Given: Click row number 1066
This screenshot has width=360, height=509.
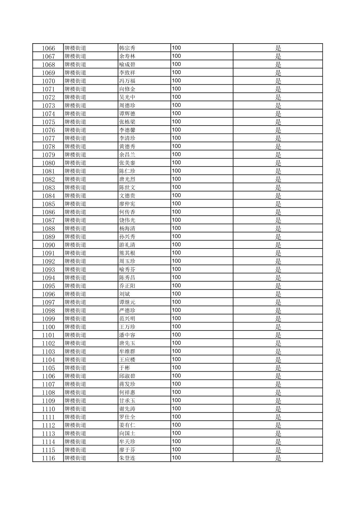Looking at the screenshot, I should coord(48,48).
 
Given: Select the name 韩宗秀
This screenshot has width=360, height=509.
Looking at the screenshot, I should coord(127,48).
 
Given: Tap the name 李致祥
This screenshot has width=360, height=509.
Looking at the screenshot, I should coord(127,73).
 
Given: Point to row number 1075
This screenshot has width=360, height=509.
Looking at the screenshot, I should coord(48,122).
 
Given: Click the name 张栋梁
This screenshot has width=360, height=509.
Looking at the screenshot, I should coord(127,122).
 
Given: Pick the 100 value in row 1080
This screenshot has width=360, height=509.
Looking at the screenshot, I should coord(176,163).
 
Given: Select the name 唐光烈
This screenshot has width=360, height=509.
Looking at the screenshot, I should coord(127,179).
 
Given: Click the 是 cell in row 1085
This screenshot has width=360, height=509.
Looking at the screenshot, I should coord(278,204).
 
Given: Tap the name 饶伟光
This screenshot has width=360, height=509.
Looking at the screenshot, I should coord(127,220).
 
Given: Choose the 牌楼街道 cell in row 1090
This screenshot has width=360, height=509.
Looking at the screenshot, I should coord(75,245).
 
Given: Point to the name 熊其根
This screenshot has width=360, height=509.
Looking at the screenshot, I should coord(127,253).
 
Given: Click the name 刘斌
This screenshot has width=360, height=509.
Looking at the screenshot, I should coord(125,294).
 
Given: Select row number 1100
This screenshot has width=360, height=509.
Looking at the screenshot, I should coord(48,327).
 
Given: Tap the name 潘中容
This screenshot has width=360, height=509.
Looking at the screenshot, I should coord(127,335).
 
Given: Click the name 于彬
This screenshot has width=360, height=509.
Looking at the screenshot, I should coord(125,368).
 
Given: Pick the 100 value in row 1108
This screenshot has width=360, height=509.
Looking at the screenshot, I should coord(176,392).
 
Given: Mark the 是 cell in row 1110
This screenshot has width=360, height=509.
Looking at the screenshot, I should coord(278,409).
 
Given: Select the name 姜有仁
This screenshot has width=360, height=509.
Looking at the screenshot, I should coord(127,425).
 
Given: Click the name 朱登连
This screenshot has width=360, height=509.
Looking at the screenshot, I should coord(127,458).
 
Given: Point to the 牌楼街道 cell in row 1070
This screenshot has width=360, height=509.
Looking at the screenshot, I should coord(75,81).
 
